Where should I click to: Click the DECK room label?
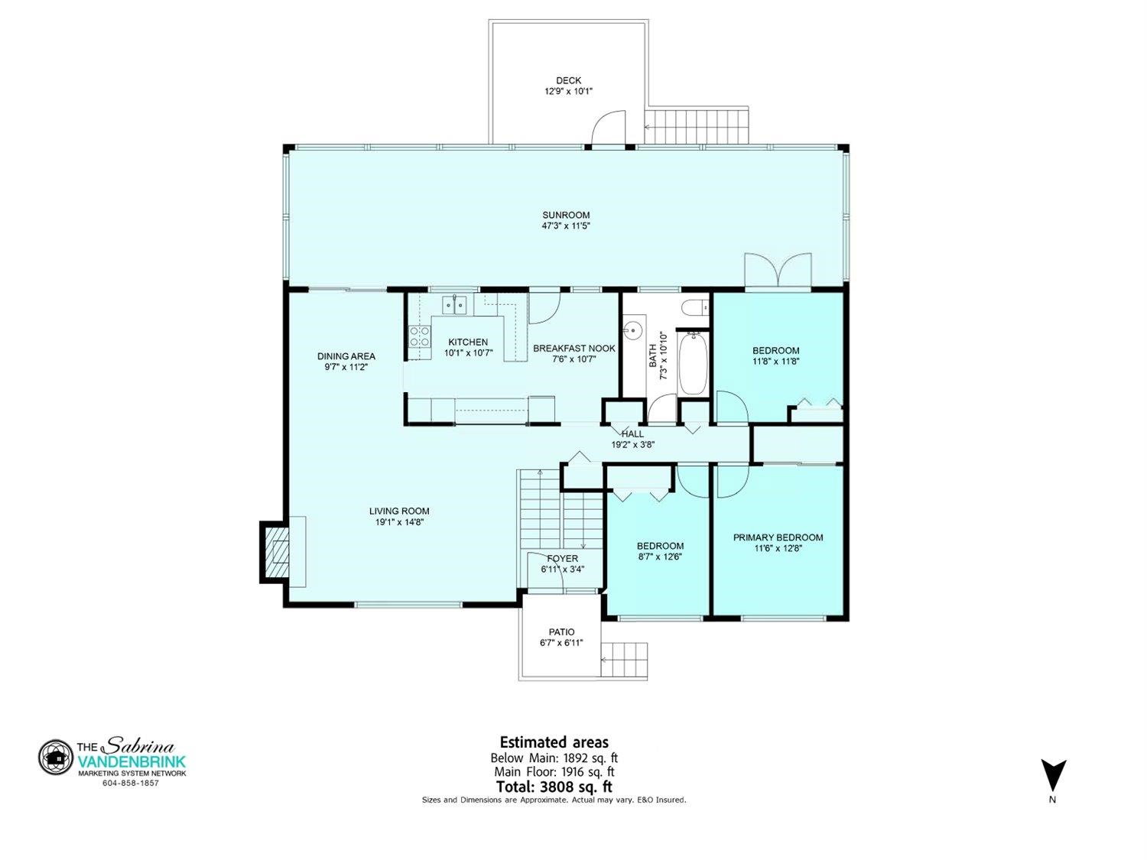click(568, 80)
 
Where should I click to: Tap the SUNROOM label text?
click(566, 215)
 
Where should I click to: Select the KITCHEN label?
click(468, 342)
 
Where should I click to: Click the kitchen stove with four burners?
click(419, 337)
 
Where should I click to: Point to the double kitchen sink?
click(455, 305)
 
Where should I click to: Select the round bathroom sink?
click(633, 329)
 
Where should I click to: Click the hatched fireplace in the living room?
click(275, 552)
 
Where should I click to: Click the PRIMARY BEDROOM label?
click(778, 537)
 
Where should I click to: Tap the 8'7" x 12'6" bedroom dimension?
click(660, 557)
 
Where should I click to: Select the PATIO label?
click(561, 632)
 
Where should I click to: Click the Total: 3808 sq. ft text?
click(554, 787)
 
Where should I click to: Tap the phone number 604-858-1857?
click(131, 784)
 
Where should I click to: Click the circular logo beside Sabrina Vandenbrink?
click(55, 757)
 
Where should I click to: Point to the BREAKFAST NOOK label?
click(573, 349)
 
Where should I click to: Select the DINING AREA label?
click(346, 356)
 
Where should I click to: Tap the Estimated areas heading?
click(554, 742)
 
